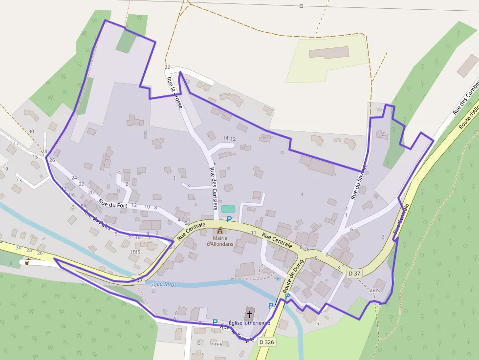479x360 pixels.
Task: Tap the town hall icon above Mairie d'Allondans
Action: (x=220, y=230)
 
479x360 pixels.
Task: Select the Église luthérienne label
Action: (x=249, y=323)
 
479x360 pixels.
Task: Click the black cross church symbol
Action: (x=250, y=314)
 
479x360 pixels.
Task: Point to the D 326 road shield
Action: (x=267, y=342)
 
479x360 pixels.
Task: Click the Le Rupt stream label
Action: (x=167, y=284)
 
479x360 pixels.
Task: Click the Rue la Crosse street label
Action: (x=174, y=92)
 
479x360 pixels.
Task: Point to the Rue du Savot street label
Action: (x=358, y=182)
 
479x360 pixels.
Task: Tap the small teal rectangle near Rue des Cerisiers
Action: (x=228, y=209)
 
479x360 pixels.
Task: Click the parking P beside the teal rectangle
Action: (x=229, y=220)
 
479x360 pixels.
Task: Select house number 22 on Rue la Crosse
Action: (x=167, y=67)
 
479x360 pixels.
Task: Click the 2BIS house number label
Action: (x=374, y=291)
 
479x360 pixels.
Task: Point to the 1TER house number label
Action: (x=217, y=344)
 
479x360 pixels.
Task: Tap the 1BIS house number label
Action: (x=135, y=252)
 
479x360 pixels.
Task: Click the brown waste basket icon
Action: (x=27, y=262)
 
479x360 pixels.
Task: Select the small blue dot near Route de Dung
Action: (x=278, y=279)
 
